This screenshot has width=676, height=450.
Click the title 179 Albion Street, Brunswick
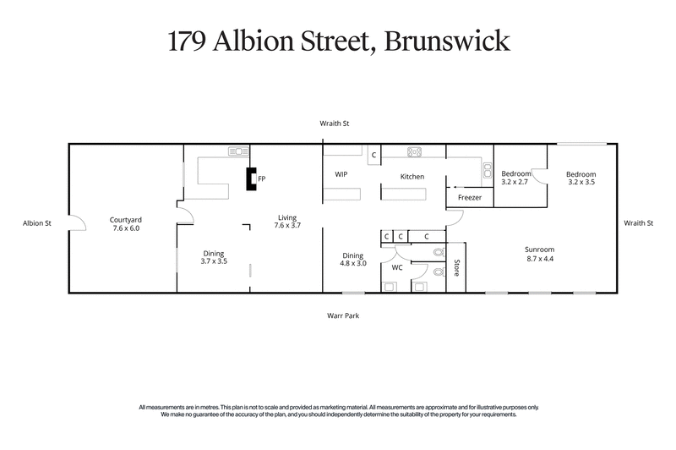click(x=338, y=41)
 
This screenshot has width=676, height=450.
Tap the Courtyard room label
click(x=125, y=224)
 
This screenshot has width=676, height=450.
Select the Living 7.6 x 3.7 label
click(x=289, y=222)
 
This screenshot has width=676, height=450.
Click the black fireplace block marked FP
click(x=250, y=179)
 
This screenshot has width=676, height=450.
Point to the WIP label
click(x=341, y=174)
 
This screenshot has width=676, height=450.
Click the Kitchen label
click(x=412, y=176)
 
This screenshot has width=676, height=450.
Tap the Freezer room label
click(x=470, y=198)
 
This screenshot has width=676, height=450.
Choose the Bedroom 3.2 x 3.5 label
click(x=581, y=178)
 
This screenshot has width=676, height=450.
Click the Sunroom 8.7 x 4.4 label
click(x=539, y=254)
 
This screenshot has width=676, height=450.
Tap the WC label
click(x=396, y=267)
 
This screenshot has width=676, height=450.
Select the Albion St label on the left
click(x=38, y=223)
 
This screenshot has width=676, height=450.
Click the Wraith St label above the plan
click(x=335, y=123)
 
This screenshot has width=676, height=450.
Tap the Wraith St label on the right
click(x=639, y=223)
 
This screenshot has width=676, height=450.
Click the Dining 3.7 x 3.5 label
click(x=214, y=257)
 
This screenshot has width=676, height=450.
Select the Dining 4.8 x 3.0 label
click(x=352, y=260)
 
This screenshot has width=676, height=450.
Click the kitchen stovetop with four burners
click(x=415, y=153)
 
